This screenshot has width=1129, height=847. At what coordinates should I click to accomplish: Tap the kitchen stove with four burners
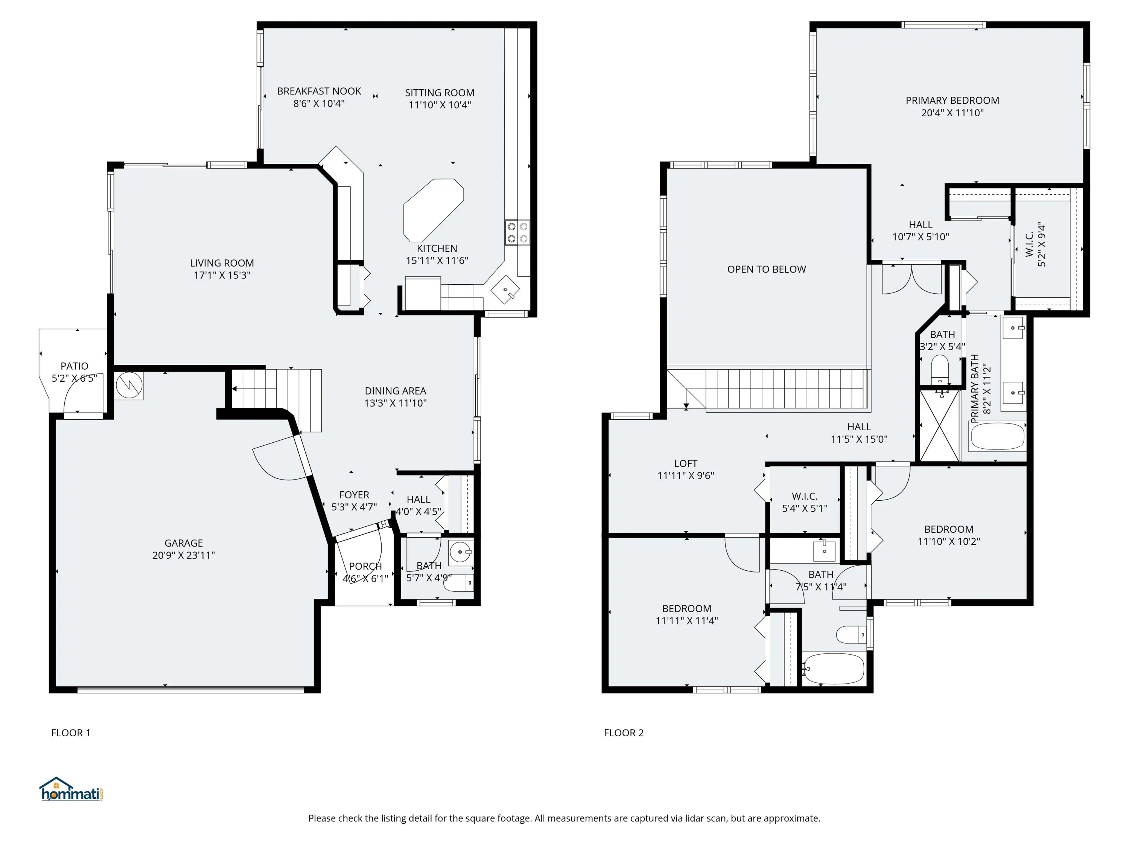click(x=517, y=233)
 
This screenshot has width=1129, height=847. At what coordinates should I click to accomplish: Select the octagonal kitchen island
click(x=433, y=210)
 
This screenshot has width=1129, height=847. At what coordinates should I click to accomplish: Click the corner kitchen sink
click(x=505, y=289)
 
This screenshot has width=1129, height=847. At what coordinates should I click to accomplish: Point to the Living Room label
click(x=222, y=263)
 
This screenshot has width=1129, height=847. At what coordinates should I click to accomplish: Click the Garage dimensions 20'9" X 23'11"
click(x=184, y=555)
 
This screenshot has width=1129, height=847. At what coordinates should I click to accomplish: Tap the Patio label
click(x=75, y=366)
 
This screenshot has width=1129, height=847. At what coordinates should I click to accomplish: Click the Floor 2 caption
click(x=624, y=733)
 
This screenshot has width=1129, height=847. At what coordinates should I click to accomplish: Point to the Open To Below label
click(x=767, y=269)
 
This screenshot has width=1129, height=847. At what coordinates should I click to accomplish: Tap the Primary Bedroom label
click(x=952, y=101)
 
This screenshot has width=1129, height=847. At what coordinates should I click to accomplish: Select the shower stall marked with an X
click(x=939, y=425)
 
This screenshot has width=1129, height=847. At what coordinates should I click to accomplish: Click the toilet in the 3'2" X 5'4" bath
click(x=940, y=369)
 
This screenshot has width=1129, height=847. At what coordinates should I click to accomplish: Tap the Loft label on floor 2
click(x=685, y=463)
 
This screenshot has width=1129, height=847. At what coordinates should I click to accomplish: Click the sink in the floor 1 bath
click(x=461, y=552)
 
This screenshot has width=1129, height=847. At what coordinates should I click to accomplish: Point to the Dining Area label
click(x=396, y=391)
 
